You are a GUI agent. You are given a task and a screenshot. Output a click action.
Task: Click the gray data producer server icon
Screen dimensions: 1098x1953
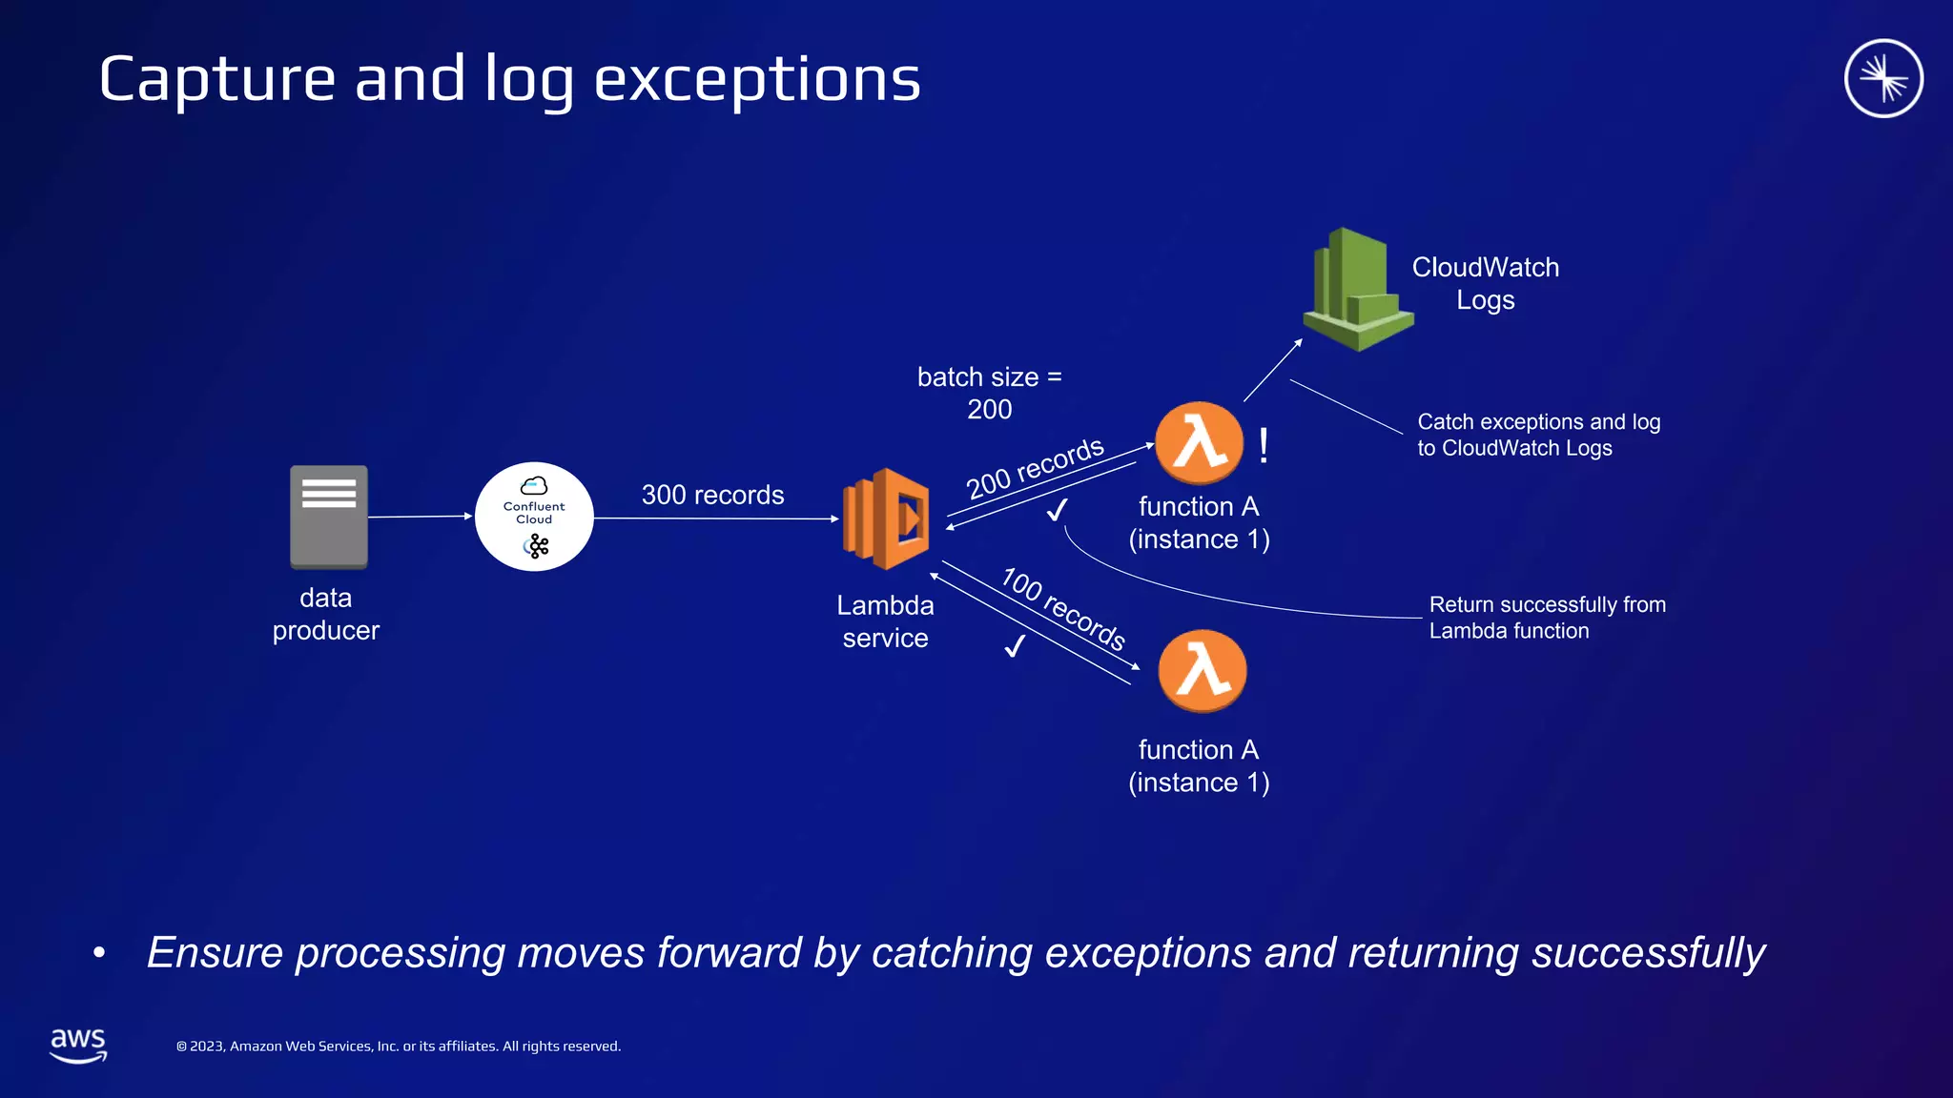click(328, 516)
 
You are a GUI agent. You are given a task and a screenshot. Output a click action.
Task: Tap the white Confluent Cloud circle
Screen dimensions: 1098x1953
click(534, 517)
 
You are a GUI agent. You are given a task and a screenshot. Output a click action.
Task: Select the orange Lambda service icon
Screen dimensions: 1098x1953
click(886, 518)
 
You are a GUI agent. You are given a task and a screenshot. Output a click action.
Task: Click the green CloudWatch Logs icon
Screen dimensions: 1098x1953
click(1357, 290)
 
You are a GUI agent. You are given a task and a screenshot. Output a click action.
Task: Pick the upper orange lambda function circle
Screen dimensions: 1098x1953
click(1199, 442)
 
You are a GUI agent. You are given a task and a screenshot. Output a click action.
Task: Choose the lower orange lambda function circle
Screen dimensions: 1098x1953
click(1202, 670)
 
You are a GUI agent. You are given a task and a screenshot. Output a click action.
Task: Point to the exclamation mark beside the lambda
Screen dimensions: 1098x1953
click(1264, 445)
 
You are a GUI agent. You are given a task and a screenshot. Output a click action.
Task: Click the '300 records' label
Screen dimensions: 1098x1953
click(712, 495)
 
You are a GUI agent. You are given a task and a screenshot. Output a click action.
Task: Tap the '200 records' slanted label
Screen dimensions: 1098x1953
click(1035, 468)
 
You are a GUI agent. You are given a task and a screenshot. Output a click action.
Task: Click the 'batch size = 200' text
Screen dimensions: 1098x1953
click(989, 393)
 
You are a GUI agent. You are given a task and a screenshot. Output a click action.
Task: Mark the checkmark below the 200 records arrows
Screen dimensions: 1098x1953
click(1057, 510)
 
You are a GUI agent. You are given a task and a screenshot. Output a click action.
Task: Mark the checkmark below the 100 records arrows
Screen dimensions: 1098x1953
click(1015, 646)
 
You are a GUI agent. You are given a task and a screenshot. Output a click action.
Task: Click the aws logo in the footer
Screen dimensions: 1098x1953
click(78, 1045)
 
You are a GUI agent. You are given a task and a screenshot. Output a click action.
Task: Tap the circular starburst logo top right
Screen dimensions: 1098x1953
click(1882, 78)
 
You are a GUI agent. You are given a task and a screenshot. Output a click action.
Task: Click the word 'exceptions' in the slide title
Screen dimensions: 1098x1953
click(757, 79)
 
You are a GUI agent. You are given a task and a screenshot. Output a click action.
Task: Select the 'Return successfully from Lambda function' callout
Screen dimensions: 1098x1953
click(1547, 618)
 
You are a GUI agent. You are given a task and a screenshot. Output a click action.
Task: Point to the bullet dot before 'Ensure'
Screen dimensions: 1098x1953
click(99, 952)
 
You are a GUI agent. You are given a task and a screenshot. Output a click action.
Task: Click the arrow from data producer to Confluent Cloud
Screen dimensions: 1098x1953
click(420, 517)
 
